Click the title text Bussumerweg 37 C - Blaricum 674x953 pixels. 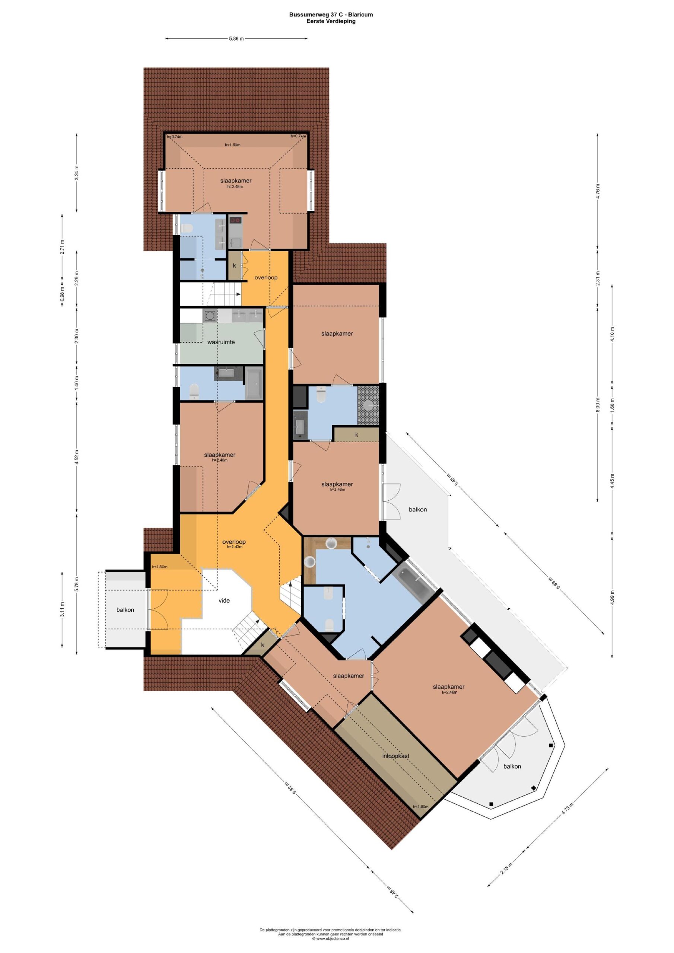click(331, 15)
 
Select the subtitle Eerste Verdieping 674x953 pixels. click(331, 21)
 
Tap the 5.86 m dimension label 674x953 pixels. click(236, 39)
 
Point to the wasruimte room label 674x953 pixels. click(221, 342)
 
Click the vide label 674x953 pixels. click(224, 600)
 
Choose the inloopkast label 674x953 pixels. click(396, 756)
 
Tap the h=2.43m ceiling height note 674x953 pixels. click(234, 546)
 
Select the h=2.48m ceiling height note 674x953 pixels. click(235, 187)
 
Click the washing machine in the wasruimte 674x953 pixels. click(210, 316)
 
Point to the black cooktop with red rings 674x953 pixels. click(235, 220)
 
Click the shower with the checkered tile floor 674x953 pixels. click(368, 405)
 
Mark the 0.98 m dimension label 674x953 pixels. click(62, 294)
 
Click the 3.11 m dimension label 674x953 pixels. click(62, 609)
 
